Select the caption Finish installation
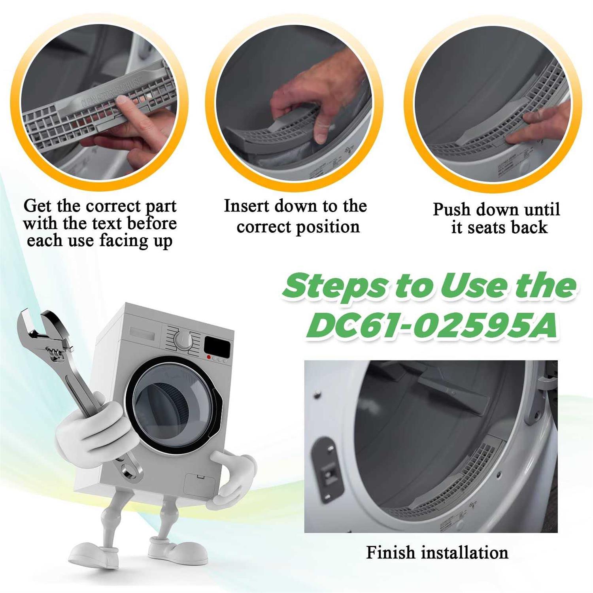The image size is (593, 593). (437, 552)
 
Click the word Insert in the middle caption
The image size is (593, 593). (247, 206)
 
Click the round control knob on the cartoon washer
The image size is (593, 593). (183, 339)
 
